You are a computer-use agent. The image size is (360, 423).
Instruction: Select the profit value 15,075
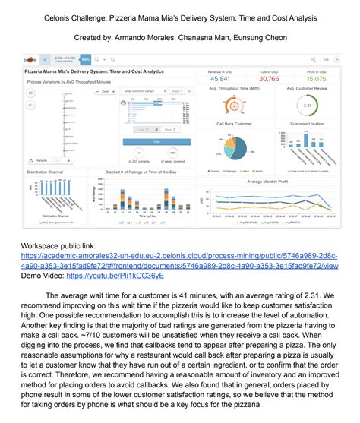pos(317,78)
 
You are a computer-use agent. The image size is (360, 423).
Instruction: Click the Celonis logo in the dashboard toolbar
pos(30,58)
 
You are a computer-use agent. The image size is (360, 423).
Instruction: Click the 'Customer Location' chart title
pos(307,123)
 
